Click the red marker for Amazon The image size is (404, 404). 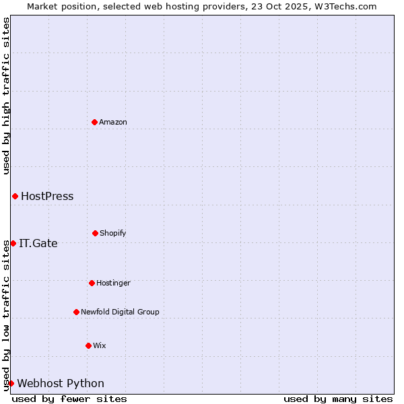point(94,122)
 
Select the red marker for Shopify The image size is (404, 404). point(95,233)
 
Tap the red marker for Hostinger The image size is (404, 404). point(92,283)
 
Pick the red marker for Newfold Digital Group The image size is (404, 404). point(76,312)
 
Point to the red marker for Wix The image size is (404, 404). point(88,345)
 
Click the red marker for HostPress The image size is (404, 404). point(15,196)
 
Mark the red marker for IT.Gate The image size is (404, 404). point(13,243)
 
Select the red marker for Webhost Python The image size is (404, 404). point(11,383)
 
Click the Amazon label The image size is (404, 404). point(113,122)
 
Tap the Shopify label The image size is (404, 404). point(113,233)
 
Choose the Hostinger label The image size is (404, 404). point(113,283)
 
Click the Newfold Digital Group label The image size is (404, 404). point(120,312)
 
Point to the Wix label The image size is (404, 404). point(100,345)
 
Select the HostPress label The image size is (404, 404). point(47,197)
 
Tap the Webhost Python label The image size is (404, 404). point(61,384)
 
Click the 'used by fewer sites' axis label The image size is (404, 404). point(69,399)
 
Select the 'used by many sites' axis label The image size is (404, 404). point(338,399)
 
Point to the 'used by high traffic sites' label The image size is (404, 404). point(6,96)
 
